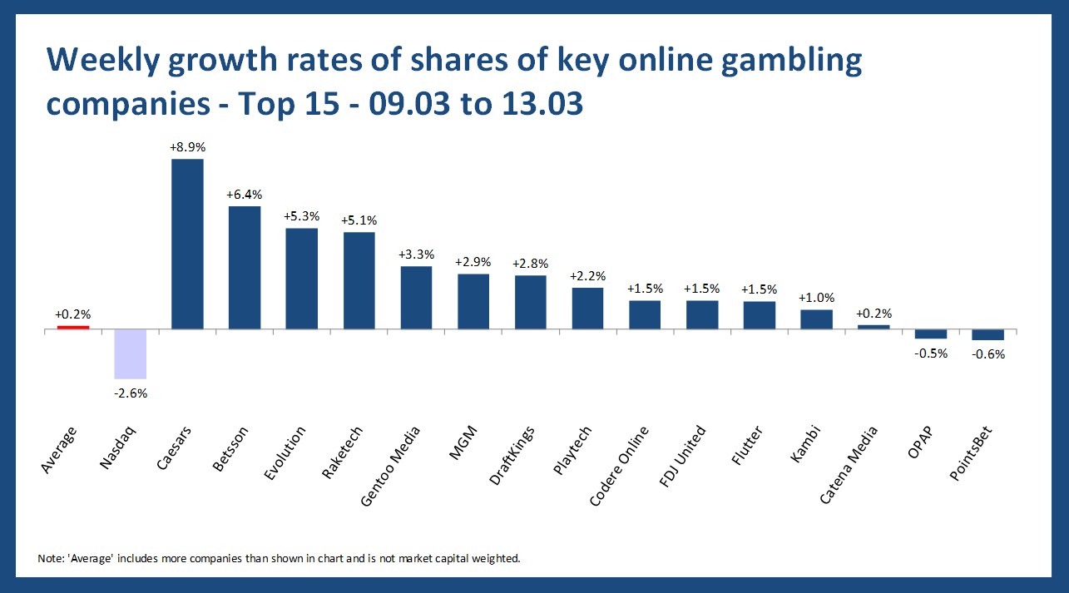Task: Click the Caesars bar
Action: click(x=187, y=244)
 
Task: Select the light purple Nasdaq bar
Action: click(x=130, y=354)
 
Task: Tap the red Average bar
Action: click(x=73, y=327)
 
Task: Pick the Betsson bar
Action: click(x=245, y=267)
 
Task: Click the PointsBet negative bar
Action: click(x=988, y=334)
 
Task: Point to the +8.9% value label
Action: click(x=187, y=147)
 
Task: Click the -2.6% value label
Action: click(x=130, y=393)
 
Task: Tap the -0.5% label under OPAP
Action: click(x=931, y=353)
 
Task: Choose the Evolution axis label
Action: click(x=285, y=452)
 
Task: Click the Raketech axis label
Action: click(x=341, y=454)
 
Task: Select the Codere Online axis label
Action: click(x=620, y=465)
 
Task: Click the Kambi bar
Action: click(x=816, y=319)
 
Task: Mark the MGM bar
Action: click(x=473, y=301)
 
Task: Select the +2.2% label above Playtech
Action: click(x=587, y=276)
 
